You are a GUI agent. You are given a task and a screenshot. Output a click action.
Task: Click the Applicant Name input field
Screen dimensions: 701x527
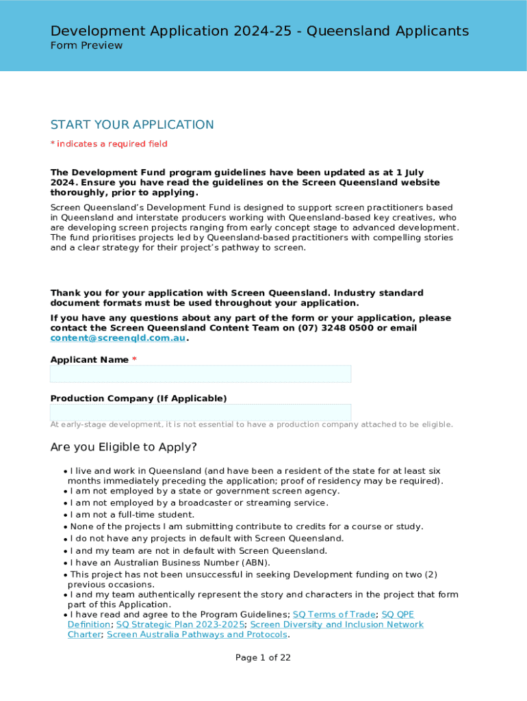click(200, 374)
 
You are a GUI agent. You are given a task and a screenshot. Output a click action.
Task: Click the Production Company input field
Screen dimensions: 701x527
click(200, 412)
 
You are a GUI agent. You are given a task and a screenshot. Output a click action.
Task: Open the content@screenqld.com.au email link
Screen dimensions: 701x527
click(118, 338)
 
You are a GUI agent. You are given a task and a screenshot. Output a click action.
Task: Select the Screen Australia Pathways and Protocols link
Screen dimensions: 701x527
click(197, 635)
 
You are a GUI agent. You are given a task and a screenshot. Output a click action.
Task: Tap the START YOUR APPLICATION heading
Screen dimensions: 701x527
click(132, 125)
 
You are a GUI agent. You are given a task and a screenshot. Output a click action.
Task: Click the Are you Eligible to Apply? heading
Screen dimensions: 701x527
click(124, 447)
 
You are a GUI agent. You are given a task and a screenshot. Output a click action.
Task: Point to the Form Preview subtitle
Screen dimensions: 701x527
click(86, 46)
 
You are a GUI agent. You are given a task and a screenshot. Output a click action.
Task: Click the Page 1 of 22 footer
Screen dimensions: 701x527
click(263, 658)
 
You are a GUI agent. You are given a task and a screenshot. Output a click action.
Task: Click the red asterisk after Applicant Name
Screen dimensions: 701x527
click(135, 360)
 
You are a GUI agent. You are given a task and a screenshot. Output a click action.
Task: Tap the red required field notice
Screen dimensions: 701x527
click(109, 144)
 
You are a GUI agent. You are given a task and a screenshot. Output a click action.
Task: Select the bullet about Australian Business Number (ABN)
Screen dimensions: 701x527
click(170, 563)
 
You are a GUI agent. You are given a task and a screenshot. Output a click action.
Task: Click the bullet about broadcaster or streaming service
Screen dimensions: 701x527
click(198, 503)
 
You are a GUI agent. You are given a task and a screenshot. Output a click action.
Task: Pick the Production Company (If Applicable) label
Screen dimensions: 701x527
click(138, 398)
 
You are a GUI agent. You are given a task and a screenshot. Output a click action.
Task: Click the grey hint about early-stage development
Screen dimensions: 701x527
click(251, 424)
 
